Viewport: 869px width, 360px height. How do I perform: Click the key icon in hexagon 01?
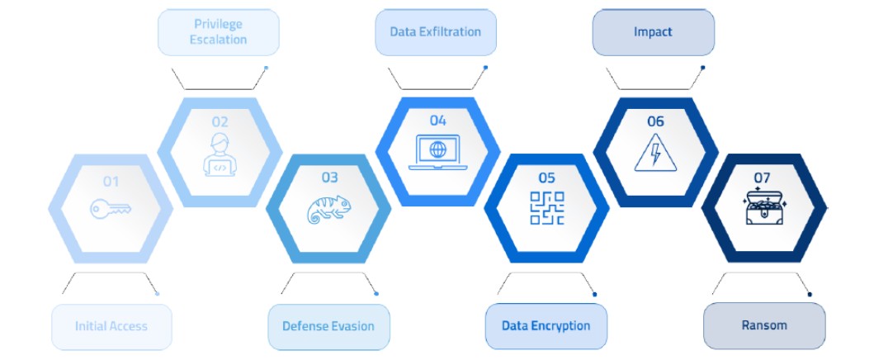coord(111,209)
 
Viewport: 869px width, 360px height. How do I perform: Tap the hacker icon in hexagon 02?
coord(220,154)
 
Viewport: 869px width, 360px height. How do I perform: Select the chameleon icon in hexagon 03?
coord(328,209)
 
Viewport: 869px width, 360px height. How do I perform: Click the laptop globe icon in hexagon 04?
coord(438,152)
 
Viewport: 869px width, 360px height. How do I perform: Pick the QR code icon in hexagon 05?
coord(547,208)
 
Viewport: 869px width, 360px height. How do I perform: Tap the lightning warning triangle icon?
coord(655,152)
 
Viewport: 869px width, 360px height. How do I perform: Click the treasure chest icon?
coord(764,207)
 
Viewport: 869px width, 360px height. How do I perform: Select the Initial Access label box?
coord(111,327)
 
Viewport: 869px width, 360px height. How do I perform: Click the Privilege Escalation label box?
coord(219,32)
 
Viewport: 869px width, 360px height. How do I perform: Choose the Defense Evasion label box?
coord(328,327)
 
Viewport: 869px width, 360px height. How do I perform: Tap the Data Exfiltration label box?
coord(436,32)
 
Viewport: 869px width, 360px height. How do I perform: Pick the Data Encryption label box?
coord(545,326)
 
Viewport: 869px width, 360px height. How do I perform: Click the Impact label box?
coord(654,32)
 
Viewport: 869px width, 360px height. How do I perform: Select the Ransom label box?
coord(764,325)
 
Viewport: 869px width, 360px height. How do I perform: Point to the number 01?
coord(111,182)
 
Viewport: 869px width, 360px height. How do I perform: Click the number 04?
coord(438,121)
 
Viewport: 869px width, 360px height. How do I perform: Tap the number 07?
coord(762,178)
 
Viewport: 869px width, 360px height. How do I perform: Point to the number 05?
coord(547,178)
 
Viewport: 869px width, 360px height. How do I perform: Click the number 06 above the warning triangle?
coord(655,121)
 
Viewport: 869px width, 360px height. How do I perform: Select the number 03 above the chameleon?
coord(330,178)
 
